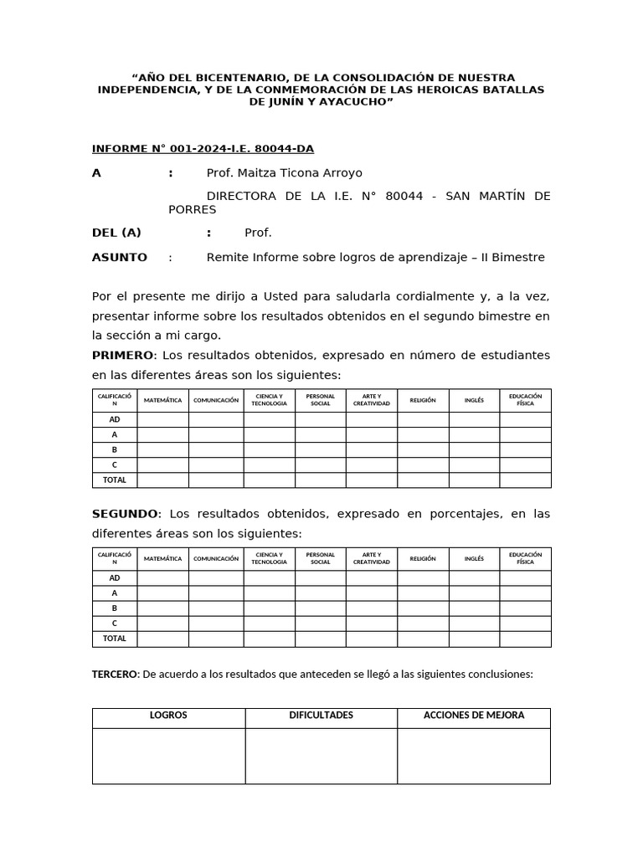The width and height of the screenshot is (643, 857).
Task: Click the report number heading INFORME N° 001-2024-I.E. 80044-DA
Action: [203, 149]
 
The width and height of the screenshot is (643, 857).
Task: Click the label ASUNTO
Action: [119, 258]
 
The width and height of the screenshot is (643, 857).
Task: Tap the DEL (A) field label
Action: [116, 233]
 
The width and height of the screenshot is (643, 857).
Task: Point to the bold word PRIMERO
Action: [123, 356]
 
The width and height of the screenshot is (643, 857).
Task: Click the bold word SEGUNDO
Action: [124, 514]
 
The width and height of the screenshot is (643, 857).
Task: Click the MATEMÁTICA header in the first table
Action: [162, 401]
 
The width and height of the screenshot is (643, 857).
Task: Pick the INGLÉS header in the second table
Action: [474, 559]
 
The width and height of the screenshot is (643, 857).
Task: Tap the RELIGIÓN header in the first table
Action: [423, 401]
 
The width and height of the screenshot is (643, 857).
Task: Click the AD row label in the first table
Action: [115, 419]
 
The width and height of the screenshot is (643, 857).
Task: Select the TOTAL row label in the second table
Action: [115, 639]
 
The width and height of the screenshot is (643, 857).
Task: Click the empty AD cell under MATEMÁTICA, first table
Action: [162, 419]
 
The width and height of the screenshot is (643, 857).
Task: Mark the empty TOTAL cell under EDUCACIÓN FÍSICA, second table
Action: [525, 639]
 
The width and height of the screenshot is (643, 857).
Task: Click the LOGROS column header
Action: [168, 716]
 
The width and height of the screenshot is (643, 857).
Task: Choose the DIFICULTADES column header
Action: [321, 716]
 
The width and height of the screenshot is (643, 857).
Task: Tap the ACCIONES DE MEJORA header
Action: [474, 716]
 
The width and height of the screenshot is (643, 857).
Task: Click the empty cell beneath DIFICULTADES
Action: [321, 756]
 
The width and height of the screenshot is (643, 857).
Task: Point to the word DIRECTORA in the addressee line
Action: [239, 197]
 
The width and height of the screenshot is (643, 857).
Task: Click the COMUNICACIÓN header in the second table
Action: [216, 559]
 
